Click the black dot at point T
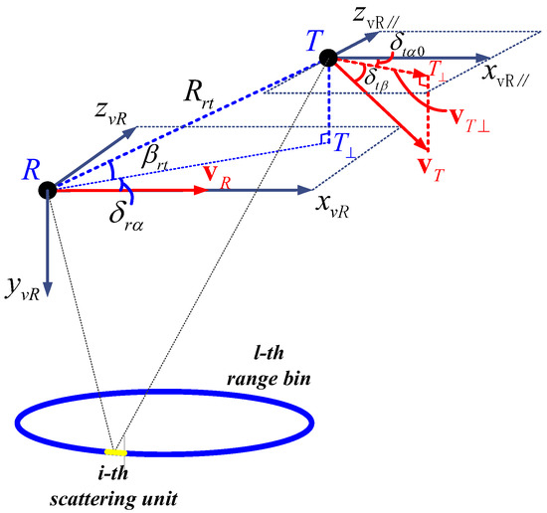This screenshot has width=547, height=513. click(x=327, y=58)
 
